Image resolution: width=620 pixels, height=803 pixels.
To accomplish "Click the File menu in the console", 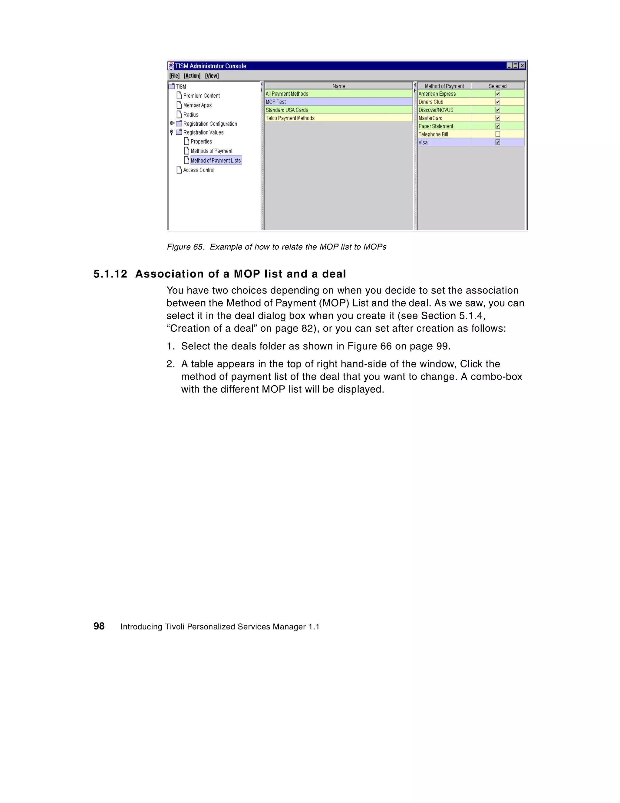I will tap(174, 76).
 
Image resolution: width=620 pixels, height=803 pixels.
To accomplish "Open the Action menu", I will tap(192, 76).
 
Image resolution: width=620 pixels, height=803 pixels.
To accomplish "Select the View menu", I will tap(212, 76).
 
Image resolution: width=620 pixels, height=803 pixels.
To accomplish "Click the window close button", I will tap(522, 66).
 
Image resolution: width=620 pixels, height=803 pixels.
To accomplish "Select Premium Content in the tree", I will tap(201, 96).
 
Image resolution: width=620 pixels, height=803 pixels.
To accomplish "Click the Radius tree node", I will tap(190, 115).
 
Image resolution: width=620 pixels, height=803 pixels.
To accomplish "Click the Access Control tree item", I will tap(199, 170).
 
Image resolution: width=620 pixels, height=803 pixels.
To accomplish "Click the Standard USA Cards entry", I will tap(287, 110).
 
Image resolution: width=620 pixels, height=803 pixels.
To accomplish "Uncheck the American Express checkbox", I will tap(498, 94).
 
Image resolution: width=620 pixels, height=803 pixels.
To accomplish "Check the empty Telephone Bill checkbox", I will tap(498, 134).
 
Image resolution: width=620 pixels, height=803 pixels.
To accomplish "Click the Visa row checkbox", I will tap(498, 142).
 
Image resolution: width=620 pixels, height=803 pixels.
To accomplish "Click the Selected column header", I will tap(497, 86).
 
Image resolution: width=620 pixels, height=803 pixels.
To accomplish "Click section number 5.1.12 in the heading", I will tap(110, 274).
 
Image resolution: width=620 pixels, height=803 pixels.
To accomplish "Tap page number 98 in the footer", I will tap(99, 626).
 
